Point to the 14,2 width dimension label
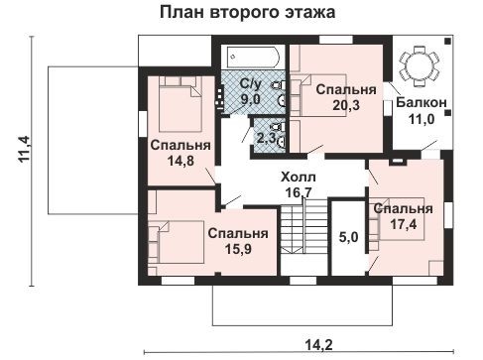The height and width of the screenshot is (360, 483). [x=318, y=345]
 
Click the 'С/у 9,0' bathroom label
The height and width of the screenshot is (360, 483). [x=251, y=92]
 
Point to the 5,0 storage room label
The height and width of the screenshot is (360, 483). [x=346, y=239]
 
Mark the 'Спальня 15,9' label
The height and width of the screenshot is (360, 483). [x=237, y=241]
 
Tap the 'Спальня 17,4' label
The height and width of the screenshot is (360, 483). [x=402, y=217]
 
